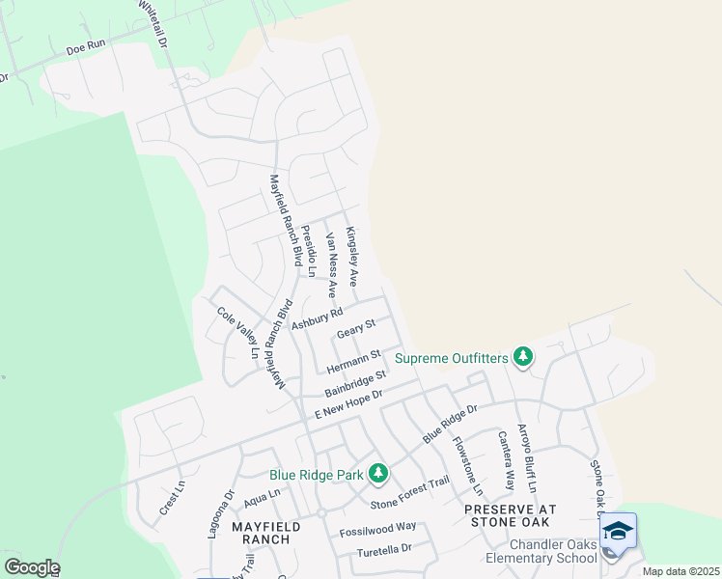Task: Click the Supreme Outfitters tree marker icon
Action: point(523,358)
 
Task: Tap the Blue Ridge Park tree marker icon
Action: point(378,474)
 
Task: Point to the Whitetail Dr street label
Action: point(153,25)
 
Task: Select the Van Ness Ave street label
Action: point(330,263)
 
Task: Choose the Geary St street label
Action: point(355,331)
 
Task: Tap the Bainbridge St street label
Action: point(355,382)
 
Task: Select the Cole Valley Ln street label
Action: point(237,333)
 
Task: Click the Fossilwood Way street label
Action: point(377,527)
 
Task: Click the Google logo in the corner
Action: point(31,567)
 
